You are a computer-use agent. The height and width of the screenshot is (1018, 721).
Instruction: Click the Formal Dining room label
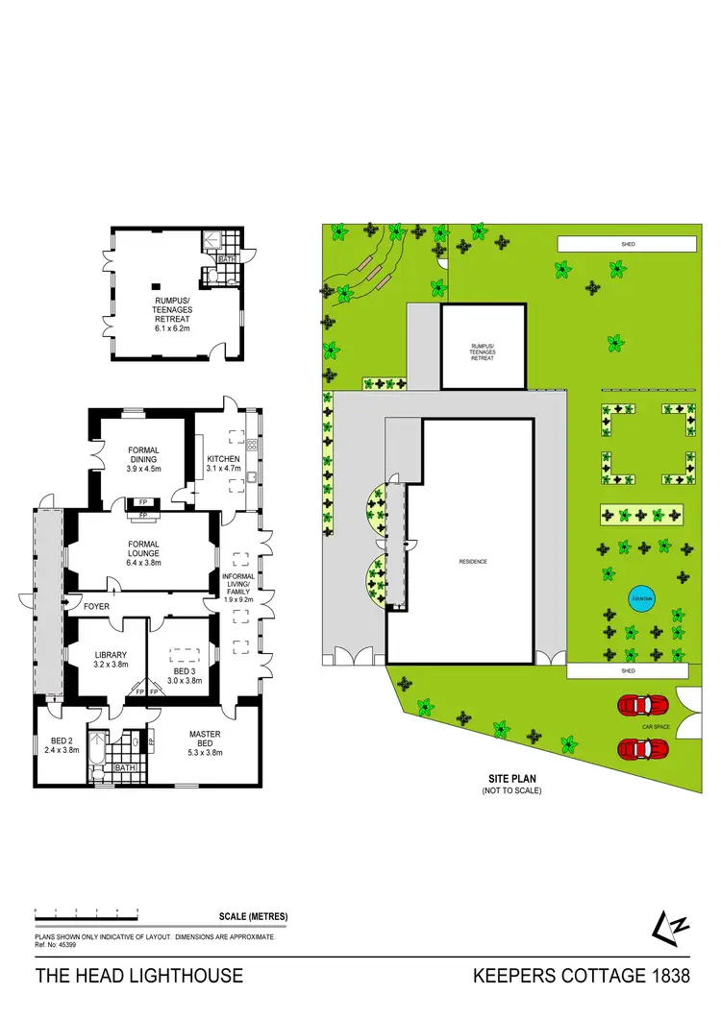143,457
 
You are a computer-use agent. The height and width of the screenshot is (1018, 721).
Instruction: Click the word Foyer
96,607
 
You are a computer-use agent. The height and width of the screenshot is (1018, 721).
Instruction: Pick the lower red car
642,748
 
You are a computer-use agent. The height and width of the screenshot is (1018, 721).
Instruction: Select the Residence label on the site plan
473,561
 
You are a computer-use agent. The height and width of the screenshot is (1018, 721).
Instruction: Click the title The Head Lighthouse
139,977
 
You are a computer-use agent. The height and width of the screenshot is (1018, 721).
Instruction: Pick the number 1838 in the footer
669,977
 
